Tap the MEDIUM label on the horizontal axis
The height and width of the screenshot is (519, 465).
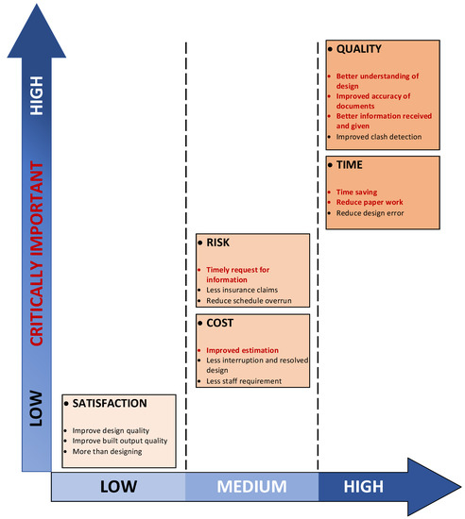point(251,487)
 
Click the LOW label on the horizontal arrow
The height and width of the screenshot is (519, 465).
point(117,487)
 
